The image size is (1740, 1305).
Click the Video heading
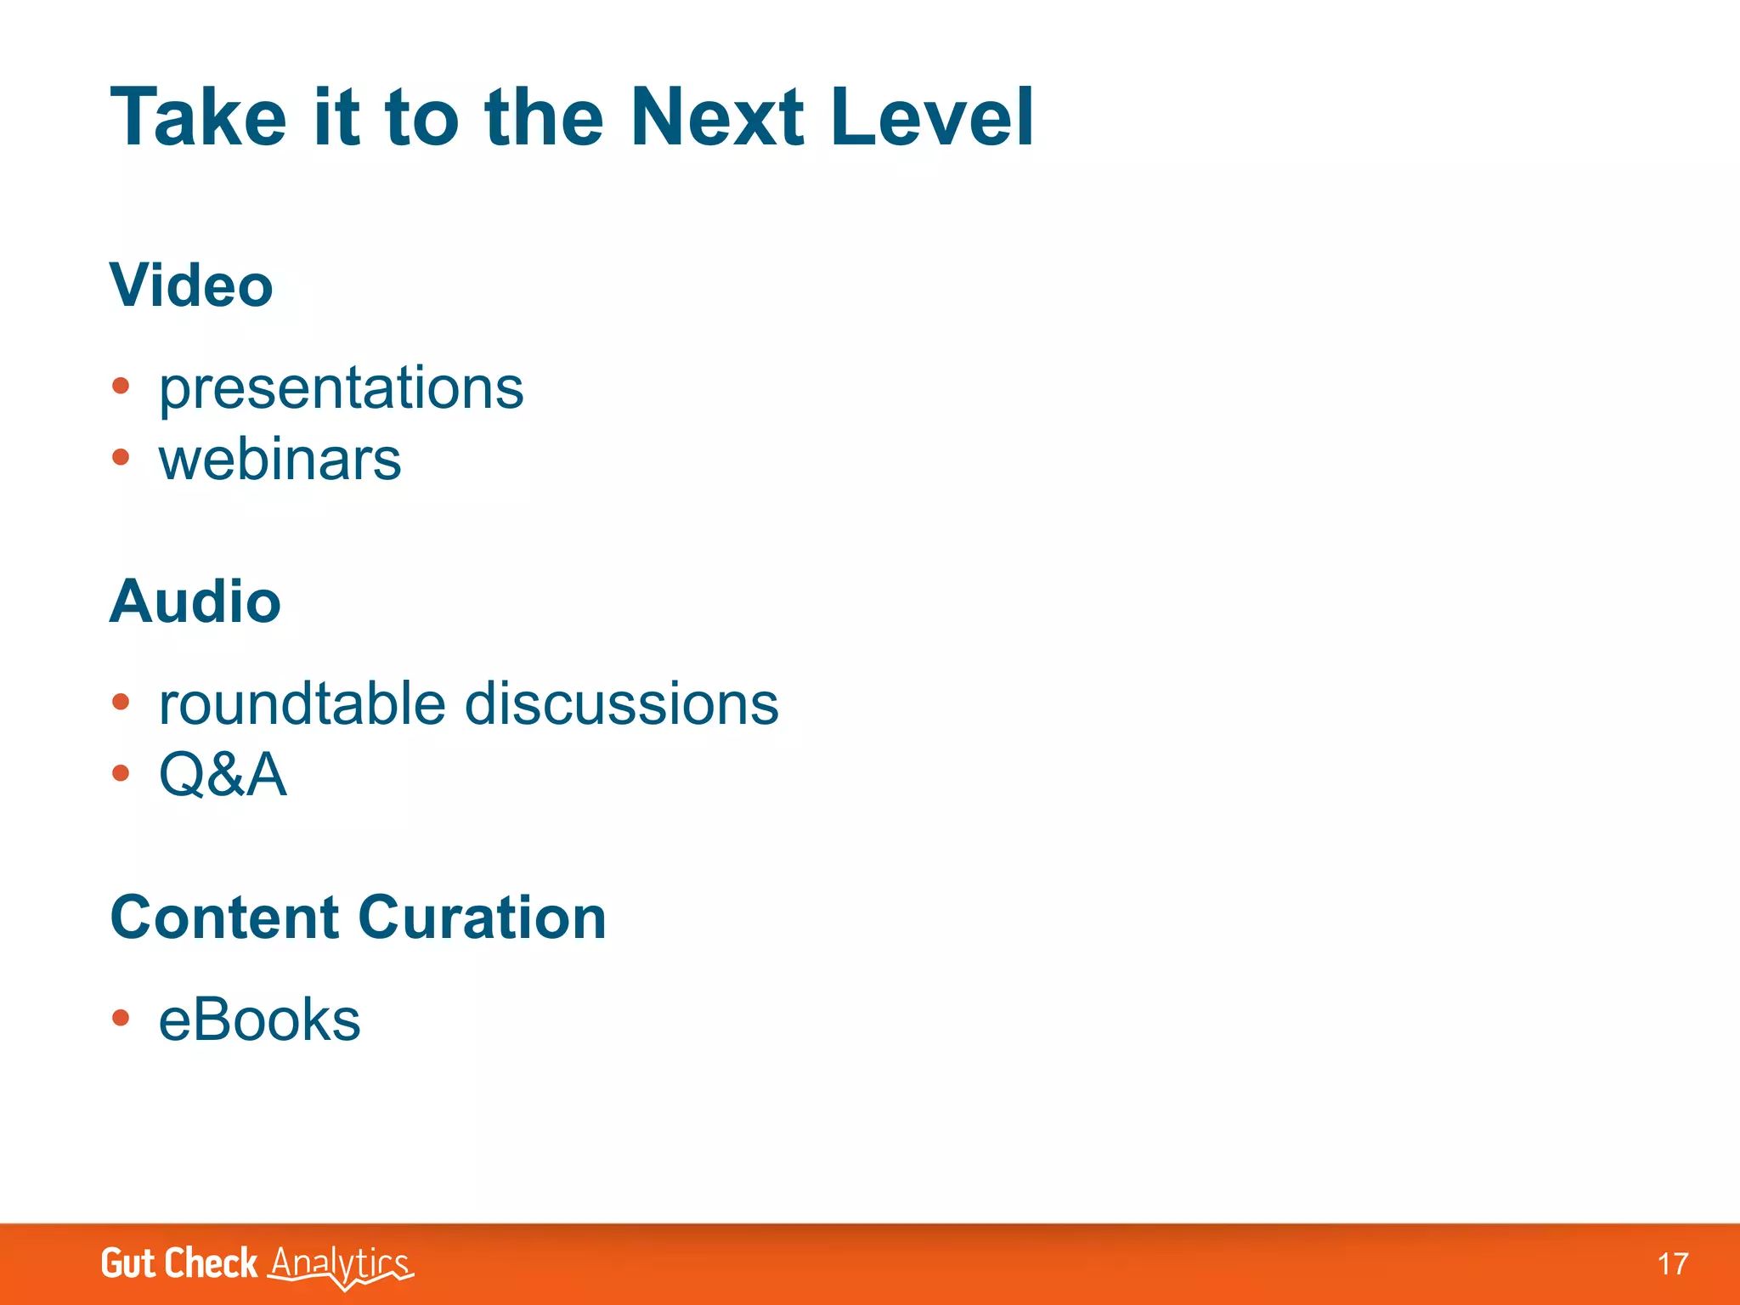point(191,285)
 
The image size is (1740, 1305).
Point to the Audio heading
point(195,602)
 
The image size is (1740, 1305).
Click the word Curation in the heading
point(482,918)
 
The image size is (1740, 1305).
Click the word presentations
point(341,389)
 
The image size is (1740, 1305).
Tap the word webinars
point(280,460)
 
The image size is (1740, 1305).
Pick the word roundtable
point(302,704)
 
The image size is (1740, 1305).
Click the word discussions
point(621,704)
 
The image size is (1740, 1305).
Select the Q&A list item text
point(223,775)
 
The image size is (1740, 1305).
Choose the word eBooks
point(259,1020)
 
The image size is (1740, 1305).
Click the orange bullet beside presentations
point(121,387)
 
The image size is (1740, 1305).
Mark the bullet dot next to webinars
point(121,458)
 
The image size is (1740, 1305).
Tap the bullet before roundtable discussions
point(121,703)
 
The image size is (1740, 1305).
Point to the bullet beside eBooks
point(121,1018)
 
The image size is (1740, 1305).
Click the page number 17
point(1673,1264)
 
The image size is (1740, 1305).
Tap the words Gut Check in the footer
point(178,1263)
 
